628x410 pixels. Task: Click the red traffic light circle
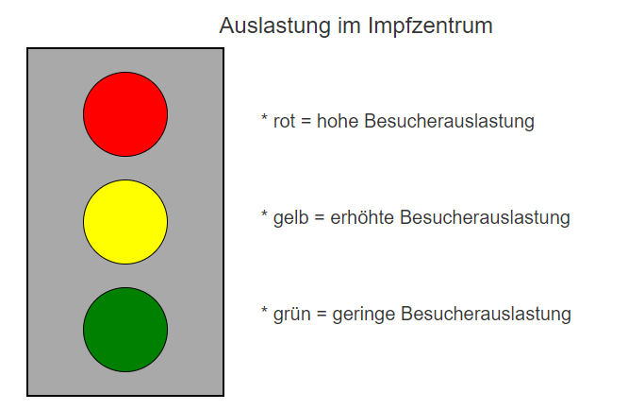[x=125, y=114]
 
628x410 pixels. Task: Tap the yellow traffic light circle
[x=125, y=222]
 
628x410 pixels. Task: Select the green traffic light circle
[x=125, y=330]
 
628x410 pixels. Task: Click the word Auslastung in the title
[x=274, y=26]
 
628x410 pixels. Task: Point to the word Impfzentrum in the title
[x=430, y=26]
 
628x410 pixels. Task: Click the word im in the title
[x=349, y=26]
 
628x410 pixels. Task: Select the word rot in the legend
[x=285, y=121]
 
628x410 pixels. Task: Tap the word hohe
[x=338, y=120]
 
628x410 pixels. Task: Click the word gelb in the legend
[x=290, y=218]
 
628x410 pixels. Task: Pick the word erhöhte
[x=362, y=217]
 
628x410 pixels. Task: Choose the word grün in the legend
[x=292, y=315]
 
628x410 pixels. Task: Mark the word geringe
[x=364, y=315]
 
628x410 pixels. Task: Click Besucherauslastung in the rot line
[x=450, y=121]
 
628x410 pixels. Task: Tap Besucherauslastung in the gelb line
[x=485, y=218]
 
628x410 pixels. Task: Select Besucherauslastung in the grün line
[x=486, y=315]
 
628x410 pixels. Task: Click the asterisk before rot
[x=264, y=117]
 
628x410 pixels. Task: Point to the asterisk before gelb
[x=264, y=214]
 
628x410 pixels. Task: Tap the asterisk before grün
[x=264, y=310]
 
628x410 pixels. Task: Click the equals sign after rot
[x=306, y=121]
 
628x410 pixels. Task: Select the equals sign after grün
[x=322, y=315]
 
